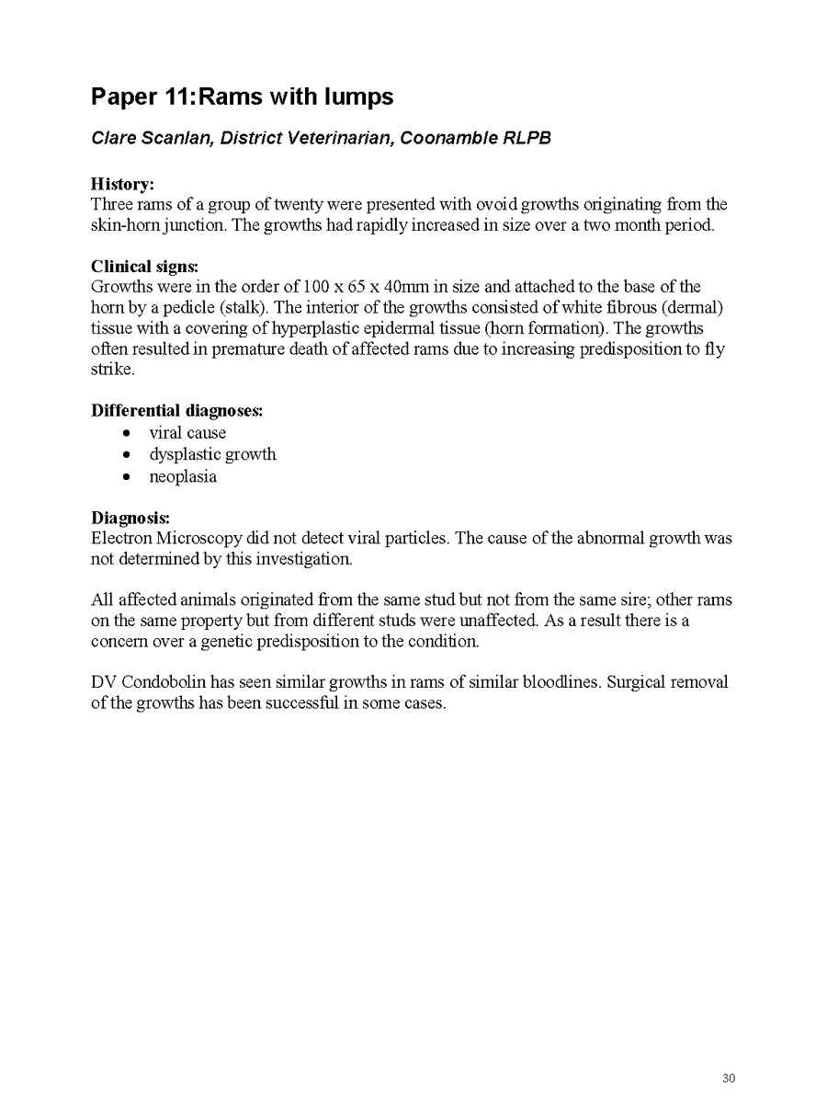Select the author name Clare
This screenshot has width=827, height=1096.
pyautogui.click(x=113, y=139)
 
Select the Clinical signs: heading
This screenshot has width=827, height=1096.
pyautogui.click(x=144, y=266)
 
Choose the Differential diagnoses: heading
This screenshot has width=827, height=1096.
pyautogui.click(x=177, y=410)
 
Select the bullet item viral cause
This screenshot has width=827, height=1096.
pyautogui.click(x=187, y=432)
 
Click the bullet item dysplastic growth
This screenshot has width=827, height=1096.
pyautogui.click(x=212, y=454)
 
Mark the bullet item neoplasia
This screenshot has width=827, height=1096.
pyautogui.click(x=183, y=476)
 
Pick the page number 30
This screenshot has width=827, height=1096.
pyautogui.click(x=729, y=1079)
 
